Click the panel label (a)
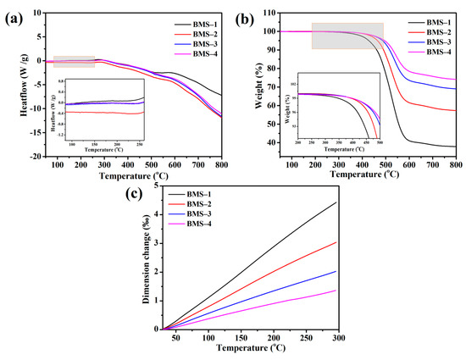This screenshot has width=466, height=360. [11, 16]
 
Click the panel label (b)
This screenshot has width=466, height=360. [247, 16]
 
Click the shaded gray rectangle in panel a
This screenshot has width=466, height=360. [74, 60]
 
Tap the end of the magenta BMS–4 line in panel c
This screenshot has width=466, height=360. [336, 291]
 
